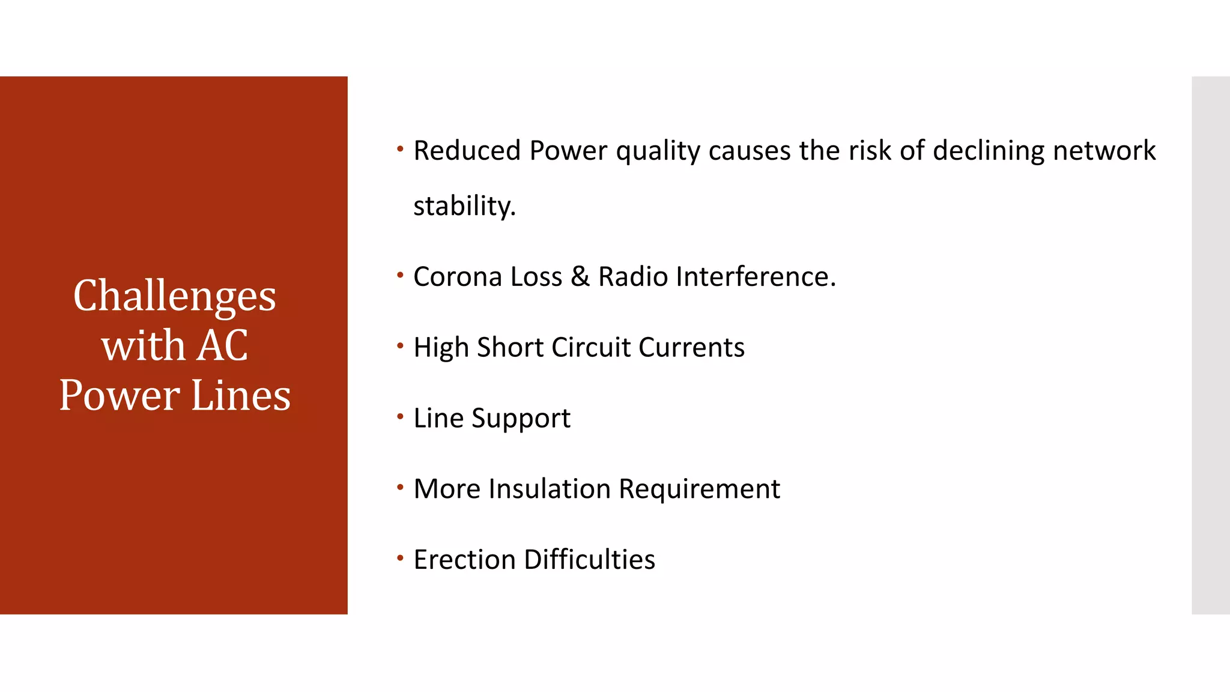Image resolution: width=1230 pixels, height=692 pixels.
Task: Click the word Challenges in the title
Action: (x=174, y=296)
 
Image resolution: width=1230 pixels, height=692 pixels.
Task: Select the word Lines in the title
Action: (x=241, y=395)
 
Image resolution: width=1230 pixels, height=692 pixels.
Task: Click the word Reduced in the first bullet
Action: (x=467, y=150)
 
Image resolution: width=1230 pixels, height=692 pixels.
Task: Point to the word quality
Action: (x=658, y=151)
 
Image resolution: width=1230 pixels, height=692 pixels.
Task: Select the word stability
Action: (x=464, y=206)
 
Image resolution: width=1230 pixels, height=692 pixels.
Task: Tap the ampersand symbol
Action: (x=580, y=277)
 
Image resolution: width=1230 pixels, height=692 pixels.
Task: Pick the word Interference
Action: (x=755, y=277)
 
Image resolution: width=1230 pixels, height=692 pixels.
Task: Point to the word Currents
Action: (x=691, y=347)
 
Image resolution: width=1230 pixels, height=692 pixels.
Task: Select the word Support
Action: (x=521, y=419)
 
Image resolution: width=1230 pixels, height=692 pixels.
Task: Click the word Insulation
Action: (x=550, y=489)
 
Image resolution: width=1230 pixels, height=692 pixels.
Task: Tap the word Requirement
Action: (x=699, y=490)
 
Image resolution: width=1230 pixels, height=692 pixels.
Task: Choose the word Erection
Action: (x=465, y=560)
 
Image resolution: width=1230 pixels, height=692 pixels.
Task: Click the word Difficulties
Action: (x=589, y=560)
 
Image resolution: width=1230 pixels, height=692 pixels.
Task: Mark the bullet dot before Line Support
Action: (x=400, y=416)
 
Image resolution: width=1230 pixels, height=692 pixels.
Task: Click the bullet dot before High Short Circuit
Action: (x=400, y=345)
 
